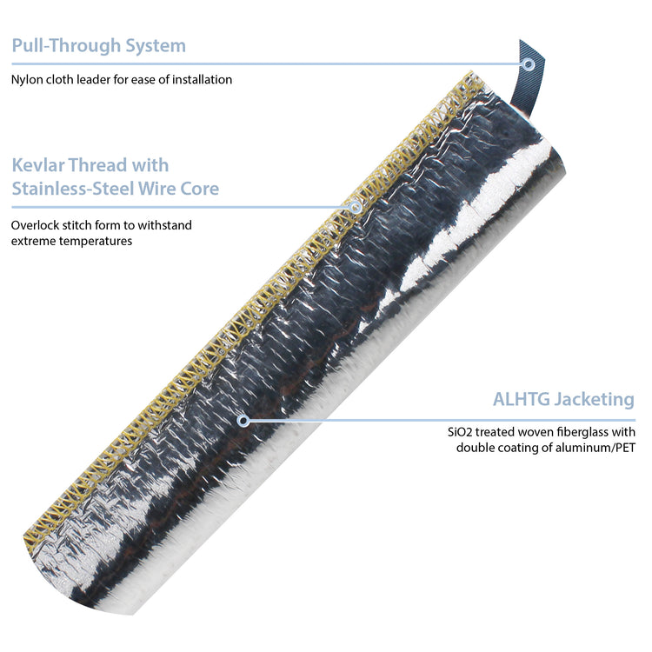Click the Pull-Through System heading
click(98, 46)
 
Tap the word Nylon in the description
click(27, 80)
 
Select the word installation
click(199, 80)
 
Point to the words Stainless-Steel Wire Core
click(116, 189)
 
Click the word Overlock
click(36, 225)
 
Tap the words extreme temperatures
click(71, 241)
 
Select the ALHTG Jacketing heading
click(563, 400)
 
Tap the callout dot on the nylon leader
click(528, 63)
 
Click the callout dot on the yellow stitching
click(356, 207)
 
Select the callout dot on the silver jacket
click(243, 421)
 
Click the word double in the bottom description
click(476, 448)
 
